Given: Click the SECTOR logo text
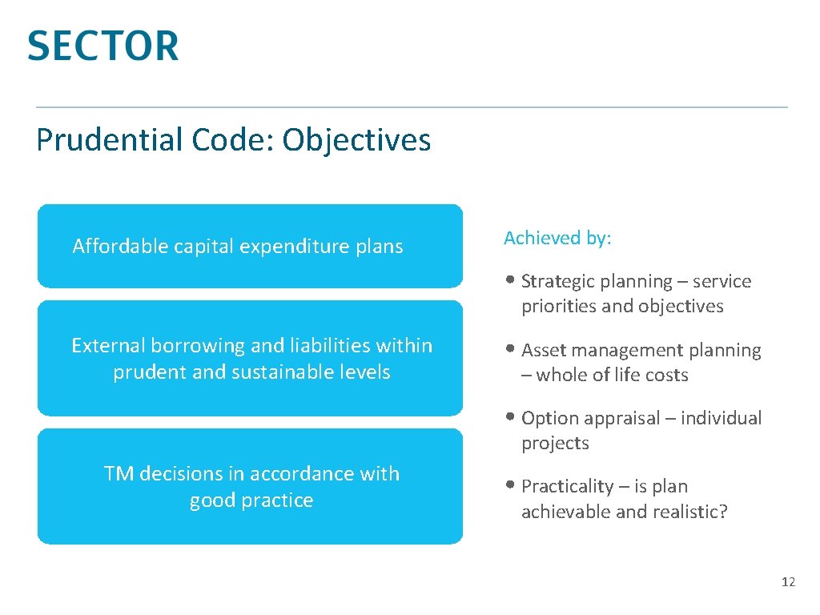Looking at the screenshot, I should click(102, 46).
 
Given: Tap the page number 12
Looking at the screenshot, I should click(788, 582).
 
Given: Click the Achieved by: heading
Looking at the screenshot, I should click(557, 238).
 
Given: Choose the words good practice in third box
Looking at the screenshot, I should click(251, 500).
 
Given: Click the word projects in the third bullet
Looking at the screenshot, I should click(555, 444).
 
